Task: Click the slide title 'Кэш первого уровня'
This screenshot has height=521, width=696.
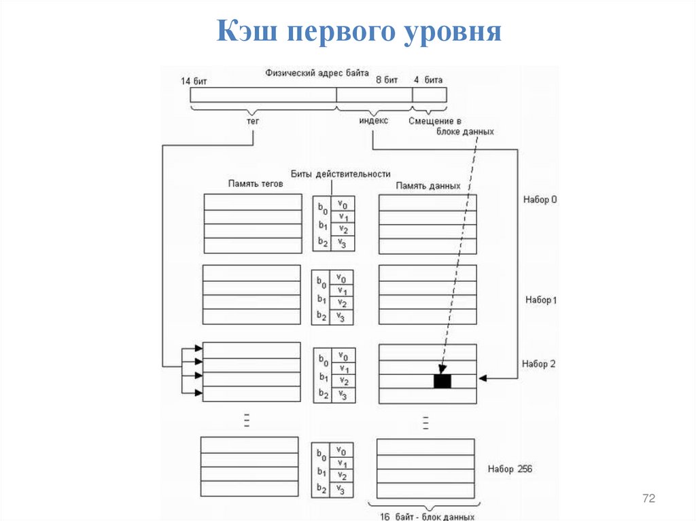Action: (359, 31)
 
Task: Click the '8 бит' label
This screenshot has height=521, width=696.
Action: (386, 80)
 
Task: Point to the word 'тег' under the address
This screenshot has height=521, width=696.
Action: (253, 120)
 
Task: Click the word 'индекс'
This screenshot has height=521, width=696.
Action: (373, 120)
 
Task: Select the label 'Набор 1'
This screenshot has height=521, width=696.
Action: (540, 300)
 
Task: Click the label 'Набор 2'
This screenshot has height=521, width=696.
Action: (539, 364)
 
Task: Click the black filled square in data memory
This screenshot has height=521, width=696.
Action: (442, 381)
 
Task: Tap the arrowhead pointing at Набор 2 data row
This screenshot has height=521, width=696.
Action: (483, 378)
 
